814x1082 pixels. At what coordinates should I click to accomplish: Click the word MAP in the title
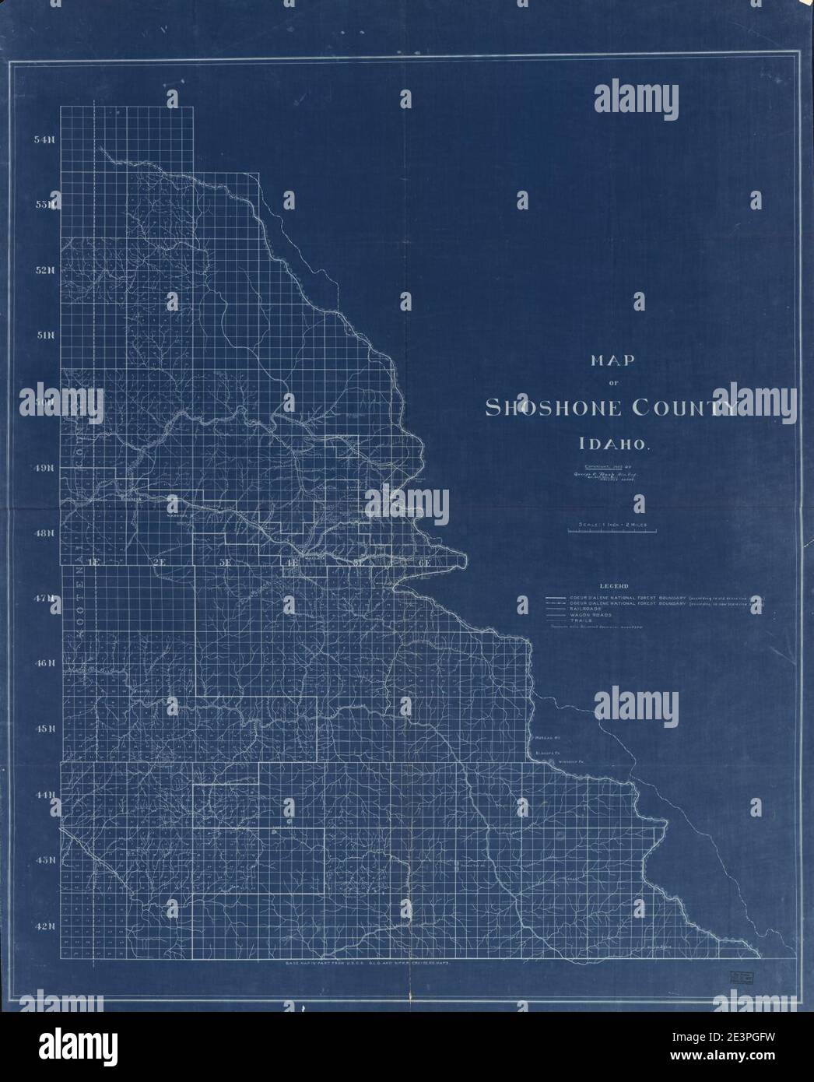point(613,360)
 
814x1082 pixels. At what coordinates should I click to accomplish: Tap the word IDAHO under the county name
point(613,445)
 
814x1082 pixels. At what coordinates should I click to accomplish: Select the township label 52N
point(44,271)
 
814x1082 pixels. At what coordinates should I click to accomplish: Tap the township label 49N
point(44,468)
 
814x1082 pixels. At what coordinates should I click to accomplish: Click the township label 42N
point(44,926)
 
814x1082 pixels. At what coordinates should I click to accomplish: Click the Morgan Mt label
point(548,736)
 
